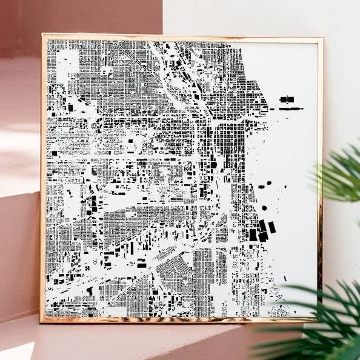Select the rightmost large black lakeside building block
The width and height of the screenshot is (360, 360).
tap(272, 227)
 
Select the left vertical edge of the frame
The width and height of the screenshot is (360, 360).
tap(44, 182)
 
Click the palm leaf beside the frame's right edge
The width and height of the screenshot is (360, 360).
tap(339, 176)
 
